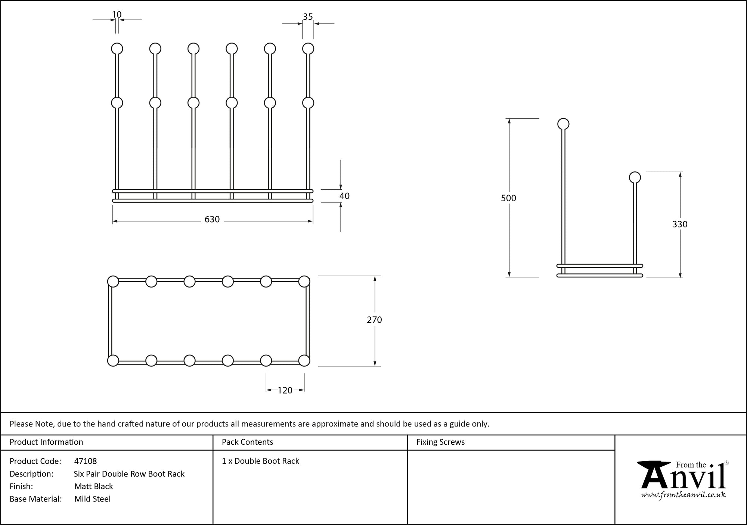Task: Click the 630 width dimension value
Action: [x=212, y=220]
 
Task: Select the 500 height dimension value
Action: [x=508, y=198]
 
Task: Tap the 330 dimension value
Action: [x=680, y=224]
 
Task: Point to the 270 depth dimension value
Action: [x=374, y=320]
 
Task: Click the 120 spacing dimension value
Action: [x=285, y=391]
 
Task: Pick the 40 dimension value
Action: [x=344, y=196]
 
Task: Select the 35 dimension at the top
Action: [x=308, y=17]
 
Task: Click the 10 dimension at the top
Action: [x=117, y=15]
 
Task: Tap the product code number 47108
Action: [x=86, y=461]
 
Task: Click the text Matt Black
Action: [x=93, y=486]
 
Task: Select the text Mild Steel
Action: [x=92, y=499]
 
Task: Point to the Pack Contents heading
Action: [x=247, y=442]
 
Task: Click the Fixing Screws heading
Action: [x=440, y=442]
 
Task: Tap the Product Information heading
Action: [x=46, y=442]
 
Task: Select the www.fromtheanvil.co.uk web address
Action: [x=684, y=495]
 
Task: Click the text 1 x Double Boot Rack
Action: [x=260, y=461]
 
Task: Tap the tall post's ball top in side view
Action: [x=563, y=124]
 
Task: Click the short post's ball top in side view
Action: [x=635, y=177]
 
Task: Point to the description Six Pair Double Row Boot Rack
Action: [x=129, y=474]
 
